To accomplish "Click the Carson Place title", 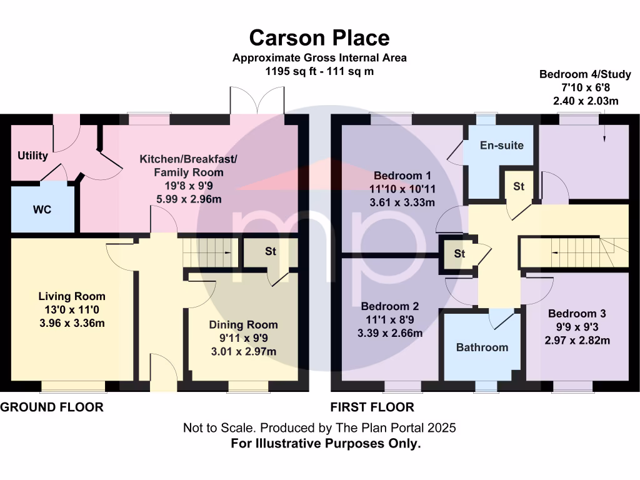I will click(319, 37).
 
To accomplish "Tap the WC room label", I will click(42, 209).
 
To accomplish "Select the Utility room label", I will click(32, 156).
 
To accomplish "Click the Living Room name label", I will click(72, 296).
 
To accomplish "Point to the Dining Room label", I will click(243, 325).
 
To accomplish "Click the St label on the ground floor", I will click(271, 251).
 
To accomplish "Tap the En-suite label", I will click(501, 145).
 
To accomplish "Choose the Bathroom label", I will click(482, 347).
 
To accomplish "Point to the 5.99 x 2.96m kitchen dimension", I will click(189, 199).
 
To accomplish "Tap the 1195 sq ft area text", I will click(319, 71).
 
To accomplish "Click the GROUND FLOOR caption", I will click(51, 407).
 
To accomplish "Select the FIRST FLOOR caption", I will click(372, 407).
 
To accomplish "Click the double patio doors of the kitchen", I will click(254, 101).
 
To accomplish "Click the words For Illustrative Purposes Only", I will click(326, 444).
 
